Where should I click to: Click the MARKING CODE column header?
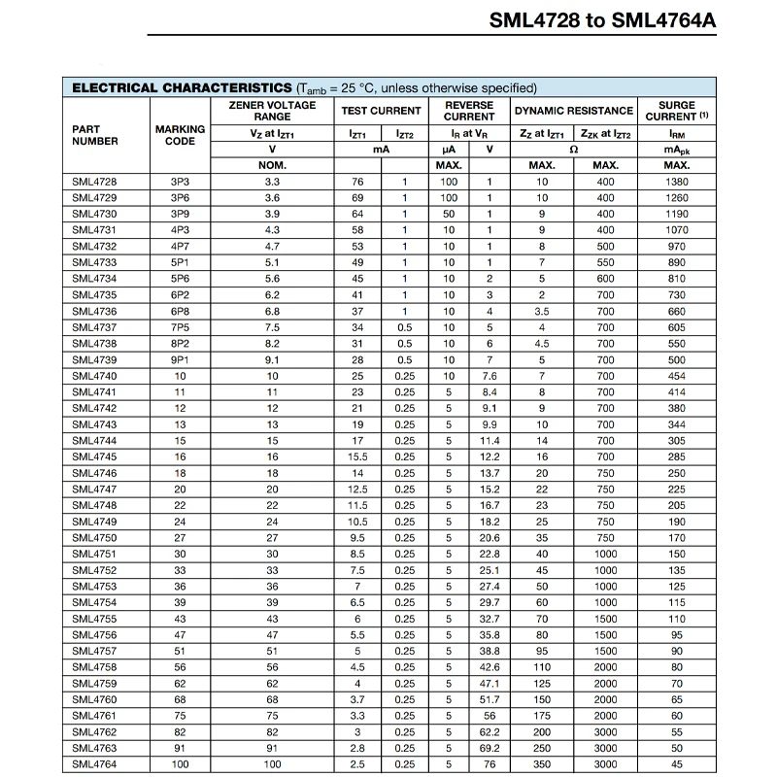point(180,135)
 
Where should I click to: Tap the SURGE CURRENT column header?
point(677,111)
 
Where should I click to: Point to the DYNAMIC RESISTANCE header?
point(573,111)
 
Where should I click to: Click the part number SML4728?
point(94,182)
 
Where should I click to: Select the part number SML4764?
point(94,765)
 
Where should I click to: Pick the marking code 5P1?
point(180,262)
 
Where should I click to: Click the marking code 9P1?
point(180,360)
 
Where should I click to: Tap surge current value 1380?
point(677,182)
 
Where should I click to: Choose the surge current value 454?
point(677,376)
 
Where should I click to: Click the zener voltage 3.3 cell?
point(272,182)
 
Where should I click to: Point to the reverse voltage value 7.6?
point(490,376)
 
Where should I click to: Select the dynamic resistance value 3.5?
point(542,312)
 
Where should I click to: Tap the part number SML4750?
point(94,538)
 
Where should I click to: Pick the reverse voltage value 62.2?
point(490,732)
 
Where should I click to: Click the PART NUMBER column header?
point(95,135)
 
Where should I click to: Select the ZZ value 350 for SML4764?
point(542,765)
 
